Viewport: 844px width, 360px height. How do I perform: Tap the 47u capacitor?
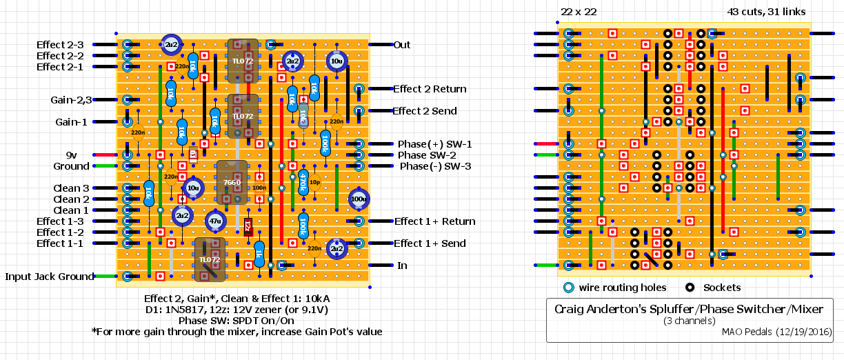coord(215,221)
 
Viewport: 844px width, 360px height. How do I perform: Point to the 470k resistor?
coord(302,181)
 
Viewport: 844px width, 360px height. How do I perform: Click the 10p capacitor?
coord(314,183)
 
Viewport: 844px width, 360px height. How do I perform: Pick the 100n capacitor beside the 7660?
coord(259,187)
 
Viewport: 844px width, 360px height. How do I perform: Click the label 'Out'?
coord(401,45)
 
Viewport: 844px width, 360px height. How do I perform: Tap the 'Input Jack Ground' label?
coord(49,277)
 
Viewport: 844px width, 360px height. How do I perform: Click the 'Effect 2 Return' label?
coord(429,89)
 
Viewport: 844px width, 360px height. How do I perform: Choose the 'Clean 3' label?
coord(71,188)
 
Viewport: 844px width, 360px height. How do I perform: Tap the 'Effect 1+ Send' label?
coord(429,243)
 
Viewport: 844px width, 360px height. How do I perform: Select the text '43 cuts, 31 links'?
coord(765,12)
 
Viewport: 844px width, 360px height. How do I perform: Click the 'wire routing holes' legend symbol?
coord(568,288)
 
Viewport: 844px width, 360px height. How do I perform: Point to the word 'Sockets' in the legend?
coord(722,288)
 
